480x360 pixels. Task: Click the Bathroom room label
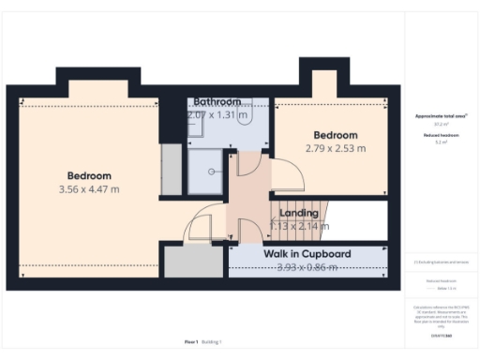click(x=217, y=101)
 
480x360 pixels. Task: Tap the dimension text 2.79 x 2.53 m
click(x=335, y=148)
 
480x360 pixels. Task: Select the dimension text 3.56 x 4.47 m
click(x=89, y=189)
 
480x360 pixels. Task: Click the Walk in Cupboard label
click(x=307, y=254)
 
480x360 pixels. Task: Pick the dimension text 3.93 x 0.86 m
click(x=307, y=268)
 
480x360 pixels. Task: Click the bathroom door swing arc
click(x=245, y=164)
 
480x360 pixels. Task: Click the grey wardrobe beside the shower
click(x=170, y=170)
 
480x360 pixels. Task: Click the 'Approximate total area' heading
click(x=441, y=115)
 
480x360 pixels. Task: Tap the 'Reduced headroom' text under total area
click(x=441, y=136)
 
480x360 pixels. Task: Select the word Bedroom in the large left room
click(x=89, y=175)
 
